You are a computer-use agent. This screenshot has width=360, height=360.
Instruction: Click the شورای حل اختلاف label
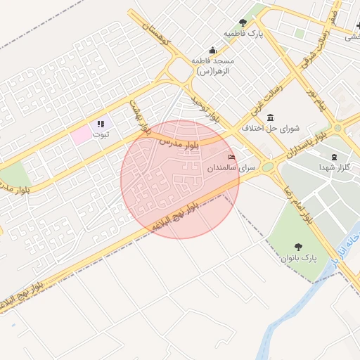tap(270, 129)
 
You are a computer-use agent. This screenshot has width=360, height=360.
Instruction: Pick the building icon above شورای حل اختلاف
tap(271, 117)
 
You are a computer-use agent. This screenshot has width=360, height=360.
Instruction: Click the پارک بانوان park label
tap(299, 259)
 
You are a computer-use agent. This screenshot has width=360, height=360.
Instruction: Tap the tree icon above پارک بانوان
tap(299, 247)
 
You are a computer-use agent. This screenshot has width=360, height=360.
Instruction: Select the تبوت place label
tap(102, 135)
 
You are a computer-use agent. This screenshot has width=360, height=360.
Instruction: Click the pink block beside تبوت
tap(82, 133)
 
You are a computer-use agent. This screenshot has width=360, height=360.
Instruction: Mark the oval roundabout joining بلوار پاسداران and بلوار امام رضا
tap(268, 167)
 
